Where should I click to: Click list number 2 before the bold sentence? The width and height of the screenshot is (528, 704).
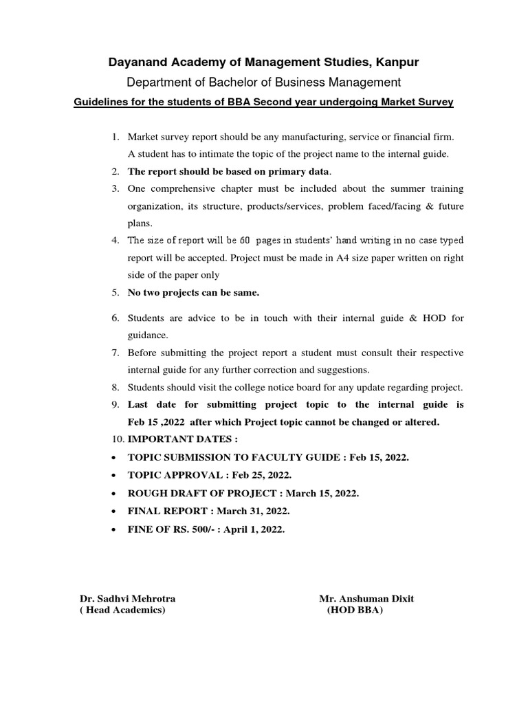(115, 171)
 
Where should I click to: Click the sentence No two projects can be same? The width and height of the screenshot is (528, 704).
(193, 293)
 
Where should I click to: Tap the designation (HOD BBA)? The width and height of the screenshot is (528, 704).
(355, 610)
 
